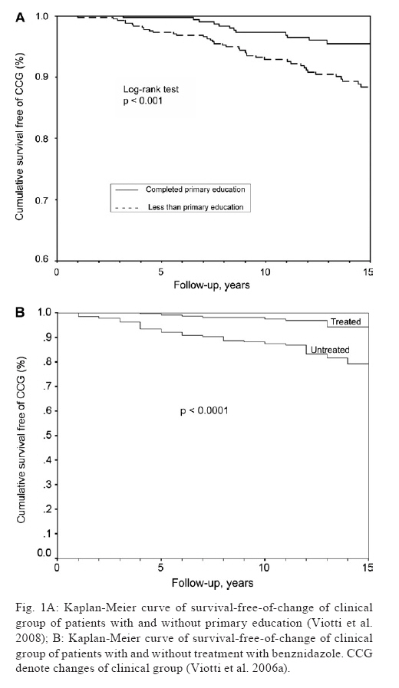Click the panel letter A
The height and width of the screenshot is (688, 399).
coord(20,18)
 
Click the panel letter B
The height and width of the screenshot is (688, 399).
coord(20,313)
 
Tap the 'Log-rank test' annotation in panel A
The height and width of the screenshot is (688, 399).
coord(150,89)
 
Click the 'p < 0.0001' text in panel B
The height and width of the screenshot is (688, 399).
coord(204,411)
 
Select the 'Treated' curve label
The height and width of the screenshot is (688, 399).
coord(346,321)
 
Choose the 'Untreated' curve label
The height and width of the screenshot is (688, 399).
coord(330,350)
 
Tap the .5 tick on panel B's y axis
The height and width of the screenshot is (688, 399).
coord(48,436)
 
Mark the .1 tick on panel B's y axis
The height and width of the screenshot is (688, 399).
coord(48,534)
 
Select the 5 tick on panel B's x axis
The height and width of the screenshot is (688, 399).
coord(161,568)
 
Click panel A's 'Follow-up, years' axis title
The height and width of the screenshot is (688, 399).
coord(212,285)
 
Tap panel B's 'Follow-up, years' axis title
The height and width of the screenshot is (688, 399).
coord(213,583)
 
